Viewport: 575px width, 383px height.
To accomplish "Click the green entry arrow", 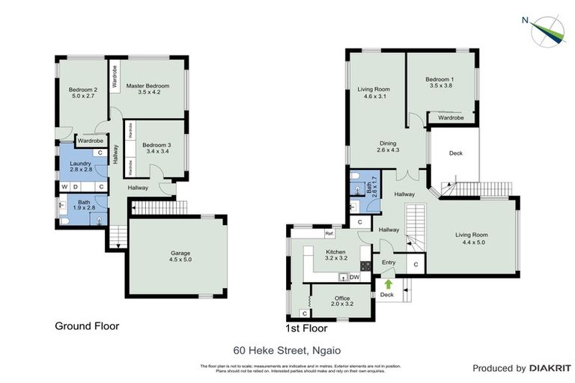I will tap(389, 284).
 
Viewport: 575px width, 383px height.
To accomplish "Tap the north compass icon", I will tap(547, 30).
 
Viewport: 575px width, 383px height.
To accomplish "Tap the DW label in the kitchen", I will tap(355, 278).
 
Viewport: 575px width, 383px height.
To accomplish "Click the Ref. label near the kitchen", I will tap(329, 234).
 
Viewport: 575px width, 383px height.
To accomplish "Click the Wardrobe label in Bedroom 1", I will tap(451, 117).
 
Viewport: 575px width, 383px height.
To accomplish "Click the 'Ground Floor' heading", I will tap(87, 326).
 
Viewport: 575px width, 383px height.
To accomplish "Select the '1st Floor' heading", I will tap(305, 328).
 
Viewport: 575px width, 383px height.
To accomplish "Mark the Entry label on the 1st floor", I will tap(389, 263).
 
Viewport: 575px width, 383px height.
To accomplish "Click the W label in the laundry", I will tap(65, 186).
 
